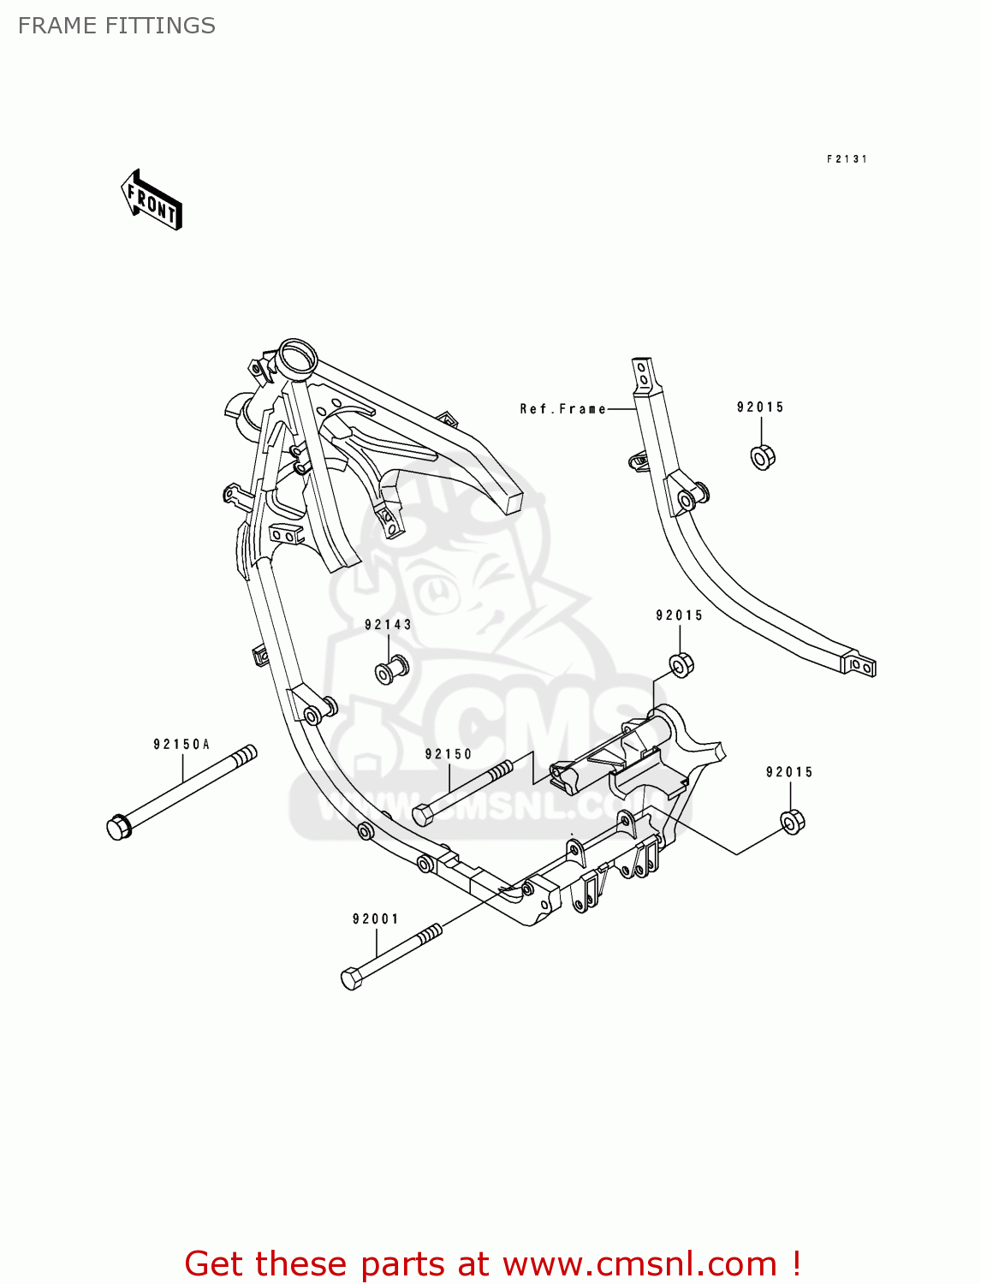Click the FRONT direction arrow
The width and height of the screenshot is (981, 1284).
[152, 200]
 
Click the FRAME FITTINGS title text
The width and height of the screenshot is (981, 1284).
[116, 26]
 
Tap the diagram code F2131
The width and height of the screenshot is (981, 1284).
[847, 159]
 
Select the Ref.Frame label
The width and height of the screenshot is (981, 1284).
[562, 409]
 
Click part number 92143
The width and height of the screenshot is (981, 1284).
[388, 625]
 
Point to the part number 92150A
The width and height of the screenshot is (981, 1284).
[181, 745]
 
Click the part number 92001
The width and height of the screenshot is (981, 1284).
[376, 919]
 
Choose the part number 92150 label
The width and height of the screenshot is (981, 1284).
[449, 754]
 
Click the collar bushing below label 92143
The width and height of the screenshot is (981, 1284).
[391, 669]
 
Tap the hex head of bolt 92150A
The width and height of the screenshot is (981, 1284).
[119, 827]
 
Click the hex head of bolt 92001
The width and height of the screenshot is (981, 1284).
[352, 978]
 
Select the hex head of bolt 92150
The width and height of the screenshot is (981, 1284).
[424, 814]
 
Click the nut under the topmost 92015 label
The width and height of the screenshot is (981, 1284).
[762, 457]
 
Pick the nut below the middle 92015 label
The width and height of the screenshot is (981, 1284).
[681, 664]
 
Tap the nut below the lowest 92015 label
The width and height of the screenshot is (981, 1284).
[793, 822]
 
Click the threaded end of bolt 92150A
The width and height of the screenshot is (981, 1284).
[245, 755]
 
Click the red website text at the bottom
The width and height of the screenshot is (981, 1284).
[492, 1263]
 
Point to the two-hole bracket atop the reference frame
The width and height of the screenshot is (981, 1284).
[643, 374]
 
